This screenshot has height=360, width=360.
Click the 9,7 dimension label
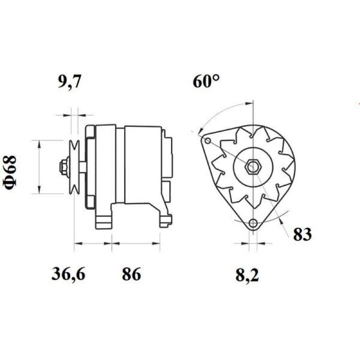(69, 81)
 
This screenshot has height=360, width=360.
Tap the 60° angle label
(206, 81)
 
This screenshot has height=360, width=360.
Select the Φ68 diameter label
(10, 170)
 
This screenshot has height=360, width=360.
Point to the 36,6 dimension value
(68, 274)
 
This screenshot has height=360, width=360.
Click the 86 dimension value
(131, 274)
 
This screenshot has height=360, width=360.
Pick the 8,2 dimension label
(247, 275)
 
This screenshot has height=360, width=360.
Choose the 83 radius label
(302, 234)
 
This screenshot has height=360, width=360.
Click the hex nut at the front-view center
(253, 166)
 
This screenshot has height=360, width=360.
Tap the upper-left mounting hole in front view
(207, 140)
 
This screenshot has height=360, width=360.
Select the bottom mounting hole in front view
(253, 222)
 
